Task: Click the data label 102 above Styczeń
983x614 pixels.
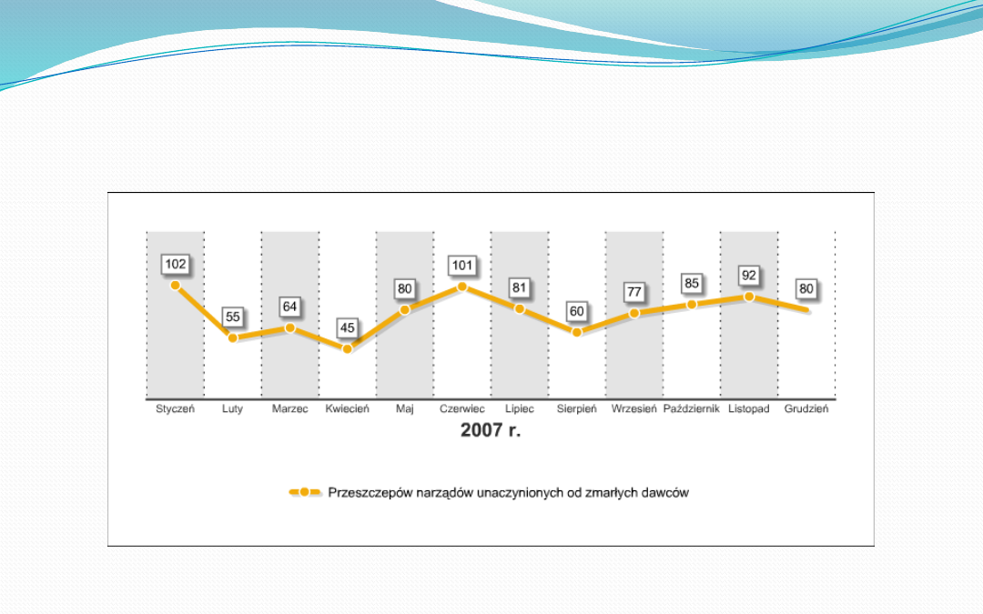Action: (176, 265)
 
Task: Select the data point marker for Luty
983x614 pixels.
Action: (233, 337)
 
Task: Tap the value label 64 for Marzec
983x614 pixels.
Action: (290, 307)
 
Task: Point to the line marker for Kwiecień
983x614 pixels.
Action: (347, 348)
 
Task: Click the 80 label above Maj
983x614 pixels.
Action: (405, 289)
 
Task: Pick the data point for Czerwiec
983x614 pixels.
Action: (462, 287)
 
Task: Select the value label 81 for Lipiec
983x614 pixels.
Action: (520, 287)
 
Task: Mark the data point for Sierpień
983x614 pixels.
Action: (577, 332)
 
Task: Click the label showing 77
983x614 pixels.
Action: (634, 293)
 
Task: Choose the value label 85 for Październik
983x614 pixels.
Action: (692, 283)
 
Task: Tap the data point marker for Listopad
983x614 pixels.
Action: (749, 297)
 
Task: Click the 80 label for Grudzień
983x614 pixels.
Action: (806, 289)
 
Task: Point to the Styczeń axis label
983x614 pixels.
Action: (176, 409)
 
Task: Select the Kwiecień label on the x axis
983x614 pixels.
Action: (347, 409)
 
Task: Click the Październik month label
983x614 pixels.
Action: (692, 409)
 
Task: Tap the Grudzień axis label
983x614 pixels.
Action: (806, 409)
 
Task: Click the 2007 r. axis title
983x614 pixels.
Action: (491, 430)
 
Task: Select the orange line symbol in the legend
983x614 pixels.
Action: (305, 492)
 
